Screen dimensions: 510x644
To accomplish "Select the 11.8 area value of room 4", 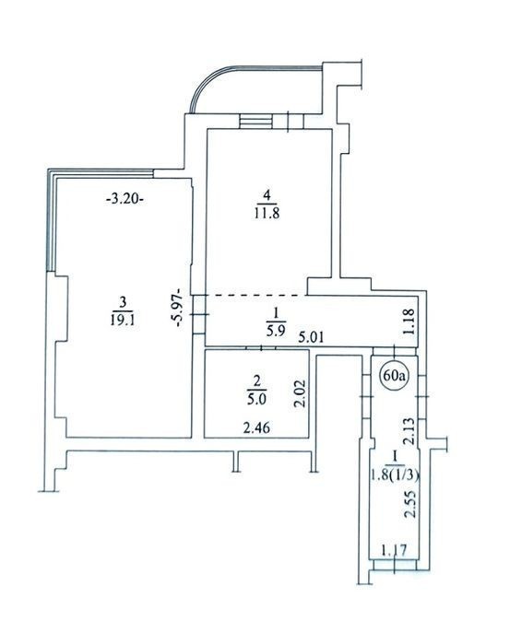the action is click(x=267, y=213).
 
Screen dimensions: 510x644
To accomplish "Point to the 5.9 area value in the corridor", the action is click(x=275, y=330).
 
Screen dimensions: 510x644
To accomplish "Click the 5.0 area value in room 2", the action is click(x=256, y=399).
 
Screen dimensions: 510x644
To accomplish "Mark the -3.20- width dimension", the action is click(x=125, y=200).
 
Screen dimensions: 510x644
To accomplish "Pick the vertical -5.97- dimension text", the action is click(x=180, y=308).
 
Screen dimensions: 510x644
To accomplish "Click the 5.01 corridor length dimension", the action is click(x=312, y=338).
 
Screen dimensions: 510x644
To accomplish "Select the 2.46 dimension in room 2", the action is click(x=256, y=428).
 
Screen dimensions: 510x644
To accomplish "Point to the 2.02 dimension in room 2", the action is click(x=301, y=393).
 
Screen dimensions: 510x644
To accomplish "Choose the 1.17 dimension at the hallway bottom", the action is click(x=394, y=549).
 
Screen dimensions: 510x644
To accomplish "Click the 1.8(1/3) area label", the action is click(x=395, y=475).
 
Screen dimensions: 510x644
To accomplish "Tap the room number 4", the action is click(x=267, y=196).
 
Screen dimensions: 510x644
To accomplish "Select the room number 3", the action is click(x=122, y=303).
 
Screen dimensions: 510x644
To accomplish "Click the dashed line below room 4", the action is click(x=256, y=295).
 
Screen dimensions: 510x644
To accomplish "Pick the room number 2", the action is click(x=256, y=382).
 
